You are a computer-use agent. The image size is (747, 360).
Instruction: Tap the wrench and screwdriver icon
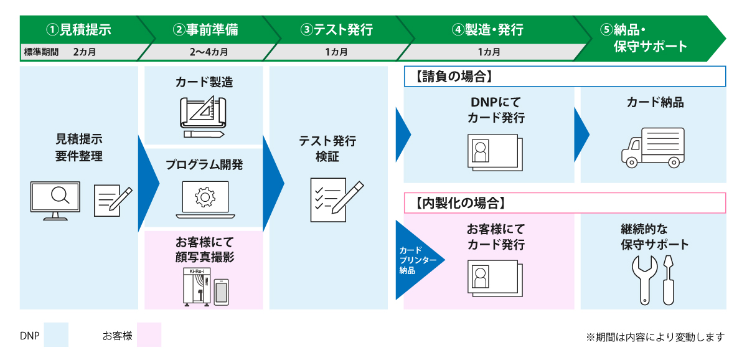coord(652,280)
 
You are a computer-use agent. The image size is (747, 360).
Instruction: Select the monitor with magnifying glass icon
coord(55,200)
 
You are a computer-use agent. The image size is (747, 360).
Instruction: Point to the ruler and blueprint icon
coord(204,116)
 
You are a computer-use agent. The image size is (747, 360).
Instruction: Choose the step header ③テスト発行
coord(336,29)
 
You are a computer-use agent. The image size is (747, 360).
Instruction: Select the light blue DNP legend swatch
coord(56,334)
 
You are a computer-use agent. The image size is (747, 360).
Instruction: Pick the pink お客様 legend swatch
coord(149,334)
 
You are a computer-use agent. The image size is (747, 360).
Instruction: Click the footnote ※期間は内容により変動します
coord(655,337)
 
